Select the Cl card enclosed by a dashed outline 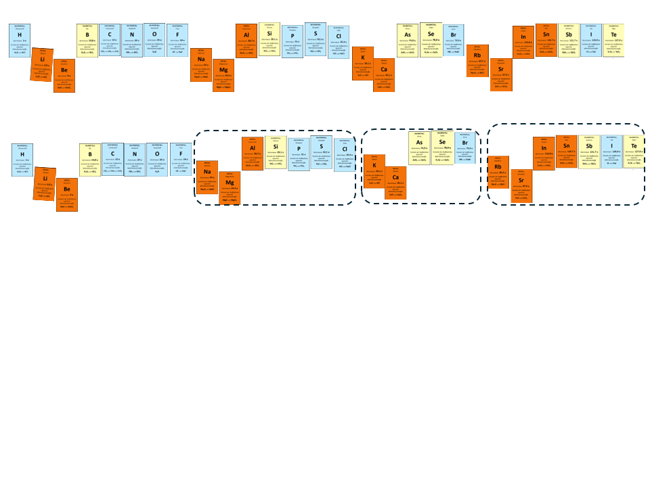345,155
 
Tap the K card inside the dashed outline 374,171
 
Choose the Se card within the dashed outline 442,147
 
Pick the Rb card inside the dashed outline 498,172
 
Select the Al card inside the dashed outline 253,154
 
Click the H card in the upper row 20,41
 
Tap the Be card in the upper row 64,75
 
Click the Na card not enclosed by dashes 201,65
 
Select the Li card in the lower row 45,184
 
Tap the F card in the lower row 181,159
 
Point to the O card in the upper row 154,40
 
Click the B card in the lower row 90,160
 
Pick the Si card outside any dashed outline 269,39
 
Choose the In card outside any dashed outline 523,43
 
